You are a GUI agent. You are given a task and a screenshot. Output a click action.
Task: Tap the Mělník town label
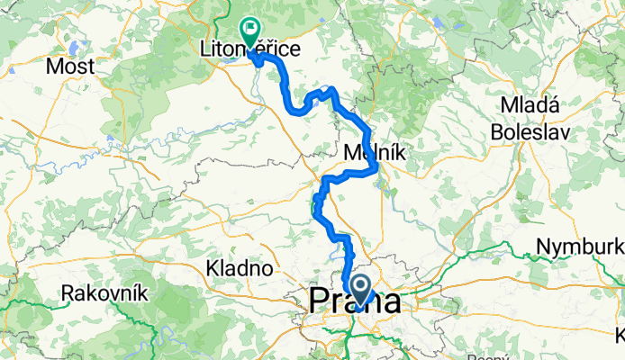tap(376, 154)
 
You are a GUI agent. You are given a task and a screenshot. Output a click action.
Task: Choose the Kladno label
tap(239, 267)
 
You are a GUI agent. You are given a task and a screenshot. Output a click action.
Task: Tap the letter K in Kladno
tap(212, 267)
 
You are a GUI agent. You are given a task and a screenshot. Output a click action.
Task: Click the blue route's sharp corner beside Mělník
tap(373, 167)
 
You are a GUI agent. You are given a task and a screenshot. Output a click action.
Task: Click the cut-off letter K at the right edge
tap(620, 335)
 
